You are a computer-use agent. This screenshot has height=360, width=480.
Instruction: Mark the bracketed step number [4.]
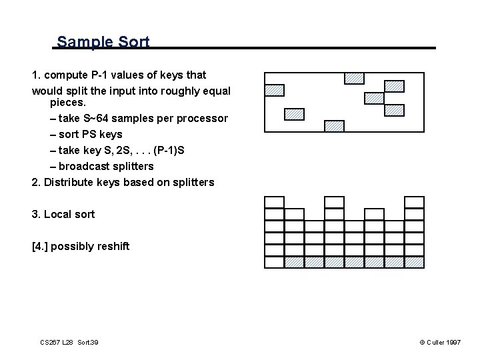[39, 246]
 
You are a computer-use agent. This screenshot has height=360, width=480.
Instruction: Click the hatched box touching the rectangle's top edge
[354, 78]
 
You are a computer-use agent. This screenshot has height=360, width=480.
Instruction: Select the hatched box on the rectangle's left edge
[275, 90]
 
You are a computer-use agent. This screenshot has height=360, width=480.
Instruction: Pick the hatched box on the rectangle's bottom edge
[334, 125]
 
